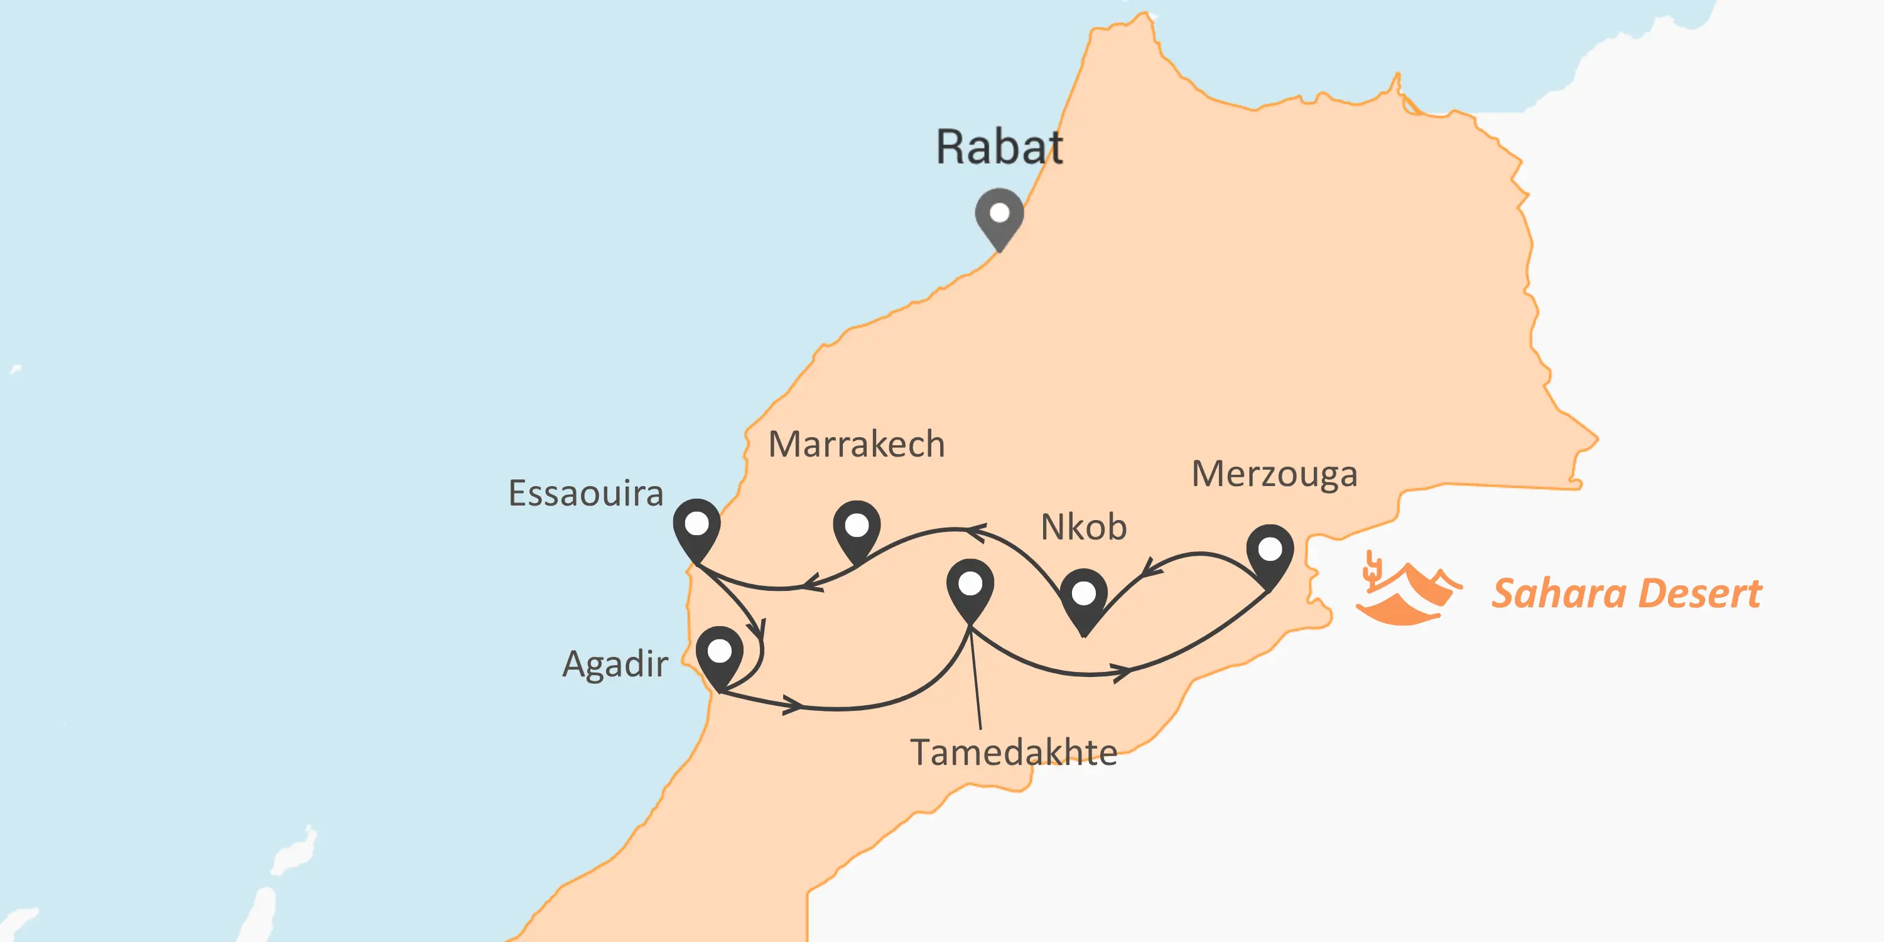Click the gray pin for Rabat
pyautogui.click(x=999, y=216)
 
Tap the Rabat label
pyautogui.click(x=999, y=147)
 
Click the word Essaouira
pyautogui.click(x=586, y=494)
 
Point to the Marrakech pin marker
pyautogui.click(x=857, y=528)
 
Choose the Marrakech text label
pyautogui.click(x=857, y=445)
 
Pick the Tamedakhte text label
pyautogui.click(x=1014, y=752)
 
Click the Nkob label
pyautogui.click(x=1083, y=528)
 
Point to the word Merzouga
pyautogui.click(x=1274, y=474)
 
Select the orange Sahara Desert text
pyautogui.click(x=1627, y=593)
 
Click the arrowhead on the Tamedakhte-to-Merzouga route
pyautogui.click(x=1123, y=671)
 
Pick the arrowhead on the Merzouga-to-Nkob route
pyautogui.click(x=1151, y=568)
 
